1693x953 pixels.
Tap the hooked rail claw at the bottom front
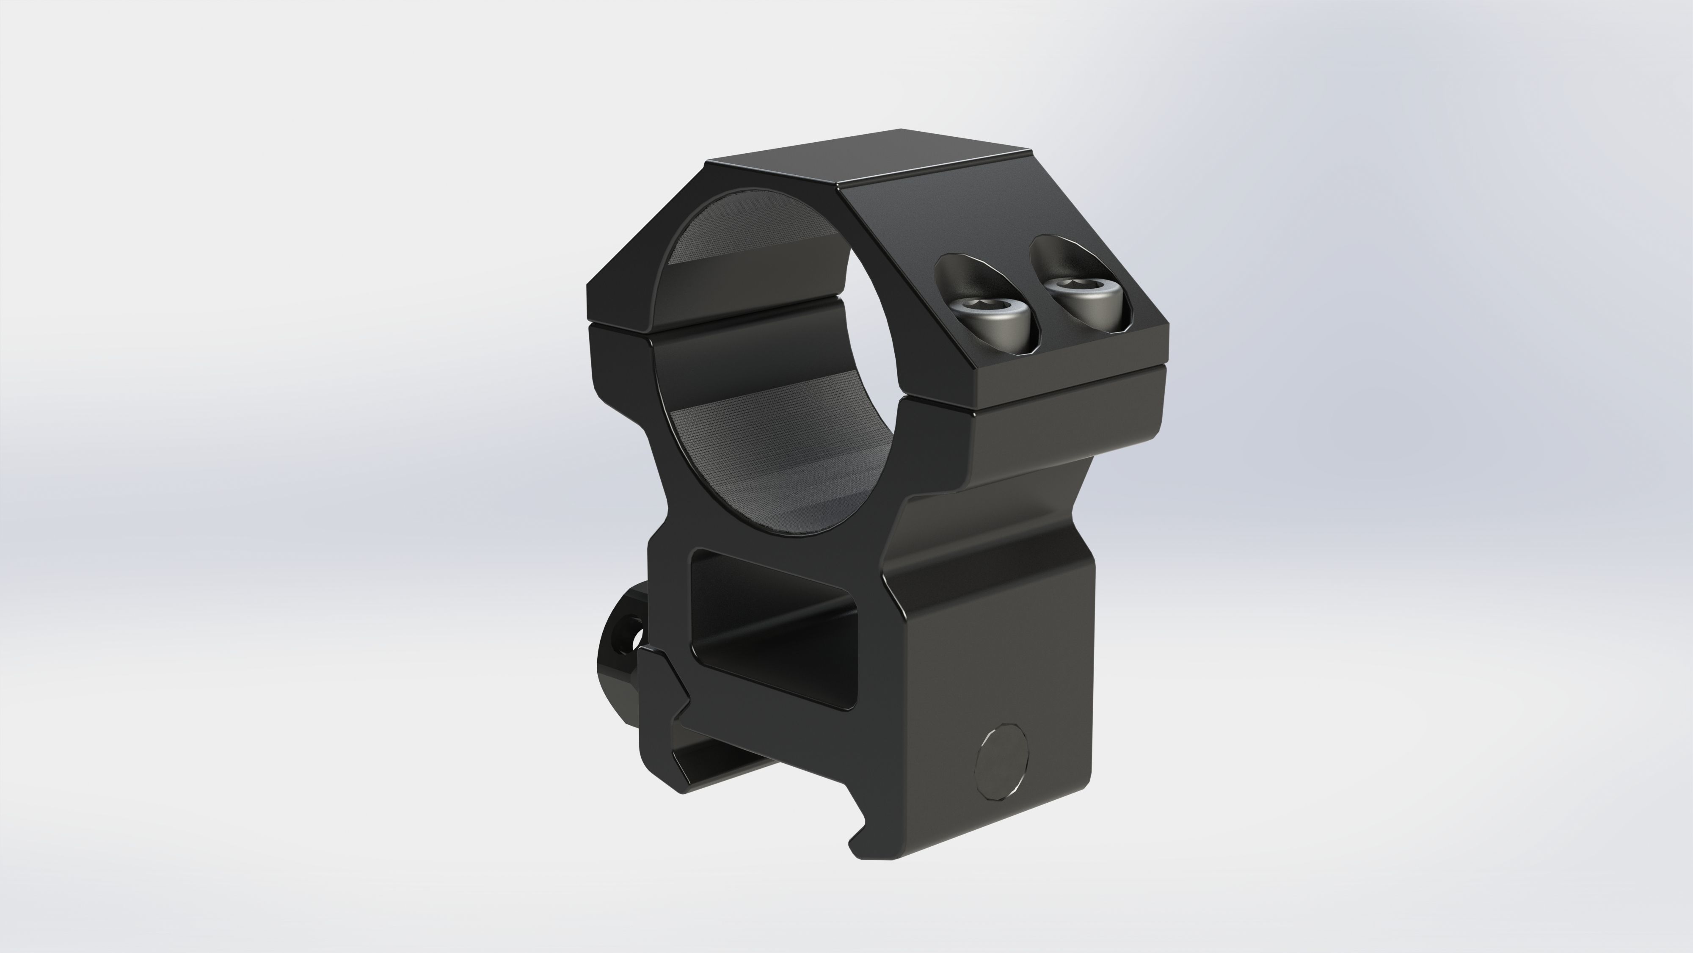[861, 848]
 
